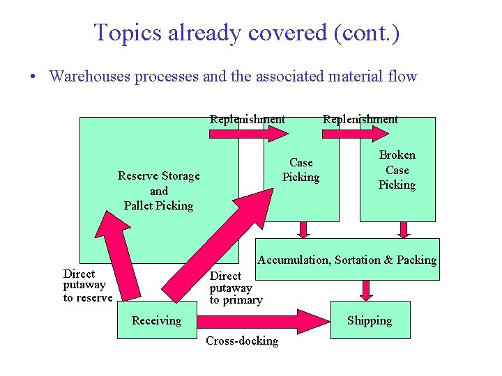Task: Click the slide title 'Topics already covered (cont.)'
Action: click(x=247, y=33)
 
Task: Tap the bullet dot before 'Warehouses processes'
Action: click(x=33, y=76)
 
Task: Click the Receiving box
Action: click(x=156, y=320)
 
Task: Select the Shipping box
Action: click(x=369, y=320)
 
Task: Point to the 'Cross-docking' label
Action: click(x=241, y=341)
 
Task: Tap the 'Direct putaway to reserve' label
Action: click(x=88, y=285)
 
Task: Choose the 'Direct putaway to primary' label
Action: click(x=236, y=288)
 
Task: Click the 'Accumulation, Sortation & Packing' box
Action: click(x=347, y=260)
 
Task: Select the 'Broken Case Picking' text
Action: click(x=397, y=170)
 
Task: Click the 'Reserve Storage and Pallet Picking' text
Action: click(x=158, y=190)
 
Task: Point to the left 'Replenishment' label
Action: click(x=248, y=119)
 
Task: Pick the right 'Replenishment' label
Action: click(x=360, y=119)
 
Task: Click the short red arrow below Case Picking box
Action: click(x=303, y=229)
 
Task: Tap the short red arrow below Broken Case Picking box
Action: click(x=404, y=229)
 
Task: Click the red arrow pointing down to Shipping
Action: click(x=366, y=290)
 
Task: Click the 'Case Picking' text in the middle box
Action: click(x=301, y=170)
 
